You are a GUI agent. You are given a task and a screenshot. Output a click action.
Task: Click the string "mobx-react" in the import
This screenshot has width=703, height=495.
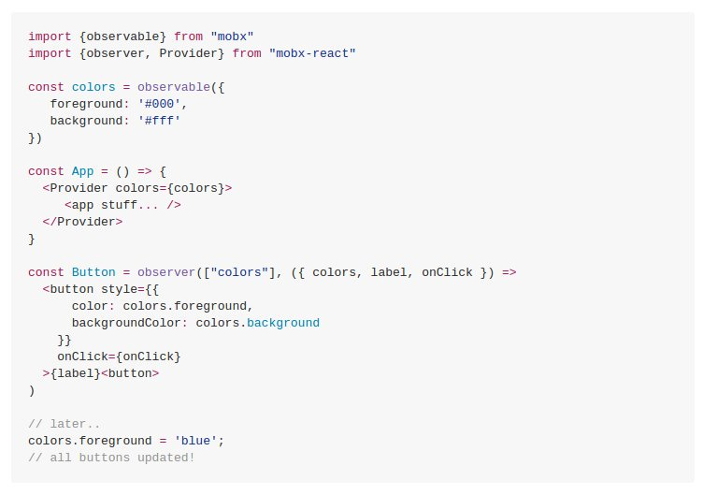click(x=312, y=53)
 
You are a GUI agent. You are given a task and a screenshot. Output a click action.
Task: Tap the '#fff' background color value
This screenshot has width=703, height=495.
click(x=159, y=121)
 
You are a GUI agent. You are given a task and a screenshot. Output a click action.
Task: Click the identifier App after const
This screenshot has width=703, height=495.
click(x=82, y=171)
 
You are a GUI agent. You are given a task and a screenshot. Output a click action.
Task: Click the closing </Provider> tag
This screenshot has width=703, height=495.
click(x=82, y=222)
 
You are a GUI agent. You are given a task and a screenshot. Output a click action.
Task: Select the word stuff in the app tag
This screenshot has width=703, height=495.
click(x=119, y=205)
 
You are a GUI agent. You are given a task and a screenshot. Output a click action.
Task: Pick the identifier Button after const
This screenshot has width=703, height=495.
click(x=93, y=272)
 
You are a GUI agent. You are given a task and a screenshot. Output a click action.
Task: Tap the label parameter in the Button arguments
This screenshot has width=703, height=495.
click(x=389, y=272)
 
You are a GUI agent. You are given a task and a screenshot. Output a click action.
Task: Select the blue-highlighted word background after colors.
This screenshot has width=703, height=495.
click(x=283, y=323)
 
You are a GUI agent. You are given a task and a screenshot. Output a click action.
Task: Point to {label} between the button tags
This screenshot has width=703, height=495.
click(x=75, y=373)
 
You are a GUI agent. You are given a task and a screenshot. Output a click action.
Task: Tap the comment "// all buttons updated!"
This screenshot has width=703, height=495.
click(x=111, y=458)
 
